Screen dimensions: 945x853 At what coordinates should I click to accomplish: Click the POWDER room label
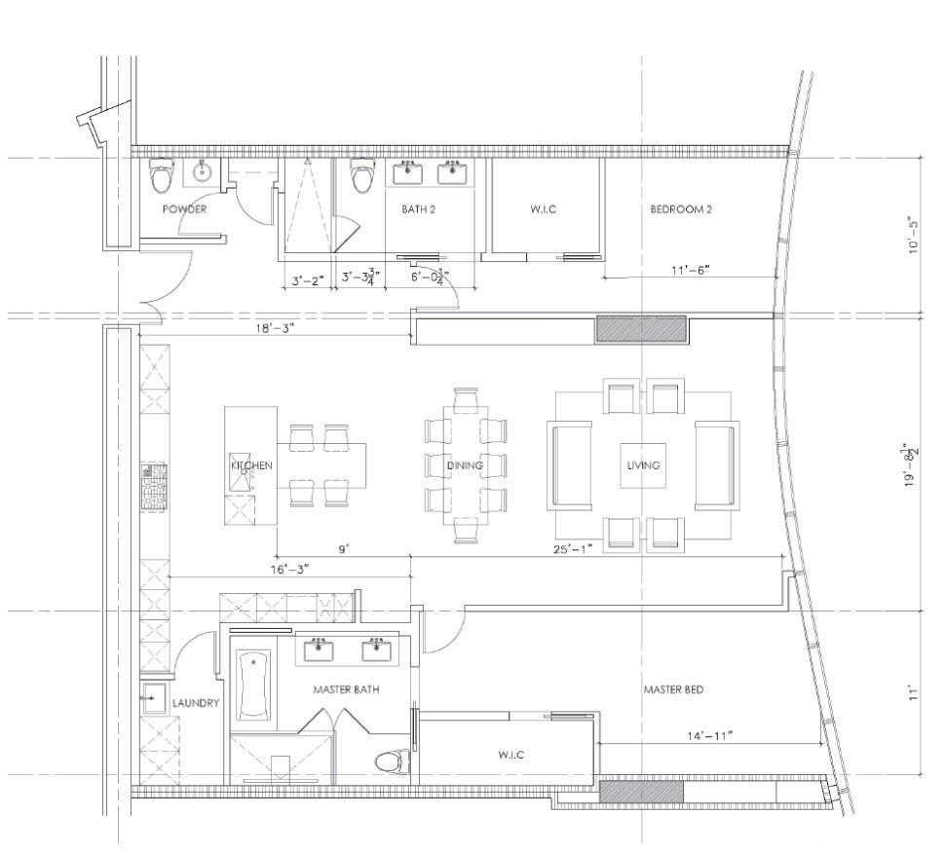pos(184,209)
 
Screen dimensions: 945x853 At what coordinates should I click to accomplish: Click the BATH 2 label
pos(418,209)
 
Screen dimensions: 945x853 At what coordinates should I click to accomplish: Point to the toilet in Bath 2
pos(362,175)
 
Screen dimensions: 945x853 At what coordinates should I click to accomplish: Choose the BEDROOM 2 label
pos(681,209)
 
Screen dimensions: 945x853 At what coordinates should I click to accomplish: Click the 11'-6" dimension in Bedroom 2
pos(690,270)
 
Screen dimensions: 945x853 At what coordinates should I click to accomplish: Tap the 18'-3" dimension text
pos(275,328)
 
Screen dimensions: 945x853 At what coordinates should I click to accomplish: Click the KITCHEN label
pos(251,465)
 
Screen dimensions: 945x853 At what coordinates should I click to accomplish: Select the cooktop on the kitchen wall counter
pos(153,487)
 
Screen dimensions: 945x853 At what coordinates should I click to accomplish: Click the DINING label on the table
pos(465,465)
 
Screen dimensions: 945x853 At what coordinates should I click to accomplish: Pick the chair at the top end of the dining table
pos(466,400)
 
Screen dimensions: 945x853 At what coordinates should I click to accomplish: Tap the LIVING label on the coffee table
pos(643,465)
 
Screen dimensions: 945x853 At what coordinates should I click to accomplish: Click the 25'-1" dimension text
pos(573,548)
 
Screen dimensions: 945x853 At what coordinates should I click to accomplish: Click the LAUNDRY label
pos(195,702)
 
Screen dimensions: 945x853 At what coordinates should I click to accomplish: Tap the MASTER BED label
pos(673,689)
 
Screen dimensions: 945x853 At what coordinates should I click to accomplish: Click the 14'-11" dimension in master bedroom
pos(709,735)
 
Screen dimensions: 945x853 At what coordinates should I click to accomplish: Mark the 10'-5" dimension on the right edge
pos(914,235)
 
